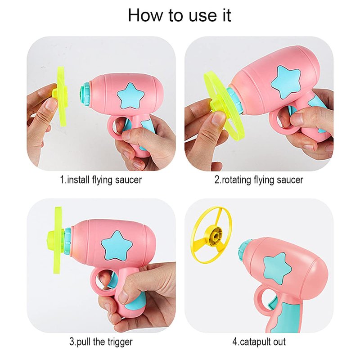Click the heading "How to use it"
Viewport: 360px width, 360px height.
179,15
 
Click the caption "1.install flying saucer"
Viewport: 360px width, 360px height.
101,180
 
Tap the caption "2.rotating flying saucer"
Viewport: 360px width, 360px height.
259,180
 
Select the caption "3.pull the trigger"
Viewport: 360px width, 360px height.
101,342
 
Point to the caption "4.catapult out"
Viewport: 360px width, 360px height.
259,342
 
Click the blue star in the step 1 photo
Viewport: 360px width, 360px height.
130,96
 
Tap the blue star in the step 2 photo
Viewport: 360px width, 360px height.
285,82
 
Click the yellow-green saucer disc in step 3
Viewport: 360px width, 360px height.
58,240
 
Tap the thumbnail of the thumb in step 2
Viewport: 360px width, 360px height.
217,118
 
